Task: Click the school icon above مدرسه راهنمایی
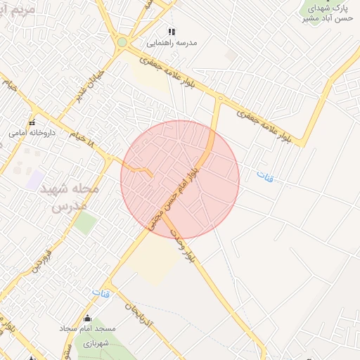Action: pyautogui.click(x=172, y=32)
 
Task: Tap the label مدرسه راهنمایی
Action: pyautogui.click(x=172, y=43)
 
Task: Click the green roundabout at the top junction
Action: pyautogui.click(x=122, y=42)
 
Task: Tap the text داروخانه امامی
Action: pyautogui.click(x=28, y=132)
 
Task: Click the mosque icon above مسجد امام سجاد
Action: pyautogui.click(x=87, y=319)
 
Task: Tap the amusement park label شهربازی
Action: pyautogui.click(x=97, y=343)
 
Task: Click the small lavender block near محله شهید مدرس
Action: pyautogui.click(x=35, y=179)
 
